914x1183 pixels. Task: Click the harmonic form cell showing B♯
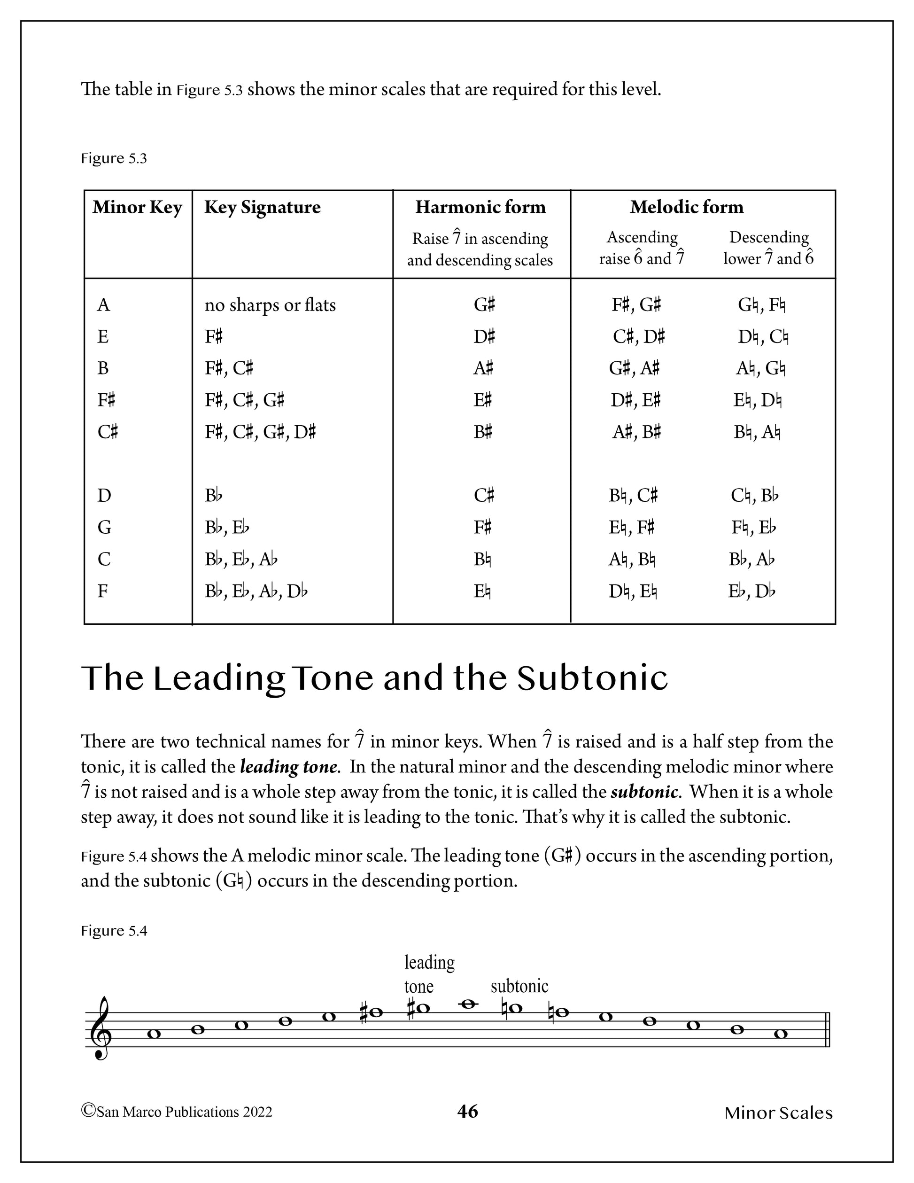pos(482,432)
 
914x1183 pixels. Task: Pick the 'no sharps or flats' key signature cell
pos(270,305)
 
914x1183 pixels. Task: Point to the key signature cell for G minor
pos(226,527)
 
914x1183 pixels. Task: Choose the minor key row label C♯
pos(107,432)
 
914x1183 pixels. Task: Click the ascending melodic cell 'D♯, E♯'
pos(635,401)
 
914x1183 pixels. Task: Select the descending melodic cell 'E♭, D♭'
pos(751,591)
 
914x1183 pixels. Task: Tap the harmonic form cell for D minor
pos(483,496)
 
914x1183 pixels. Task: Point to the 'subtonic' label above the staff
pos(519,986)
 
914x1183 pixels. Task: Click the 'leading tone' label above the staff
pos(429,974)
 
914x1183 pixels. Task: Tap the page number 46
pos(467,1112)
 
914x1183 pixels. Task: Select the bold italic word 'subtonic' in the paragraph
pos(644,792)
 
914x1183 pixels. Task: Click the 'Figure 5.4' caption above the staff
pos(114,931)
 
